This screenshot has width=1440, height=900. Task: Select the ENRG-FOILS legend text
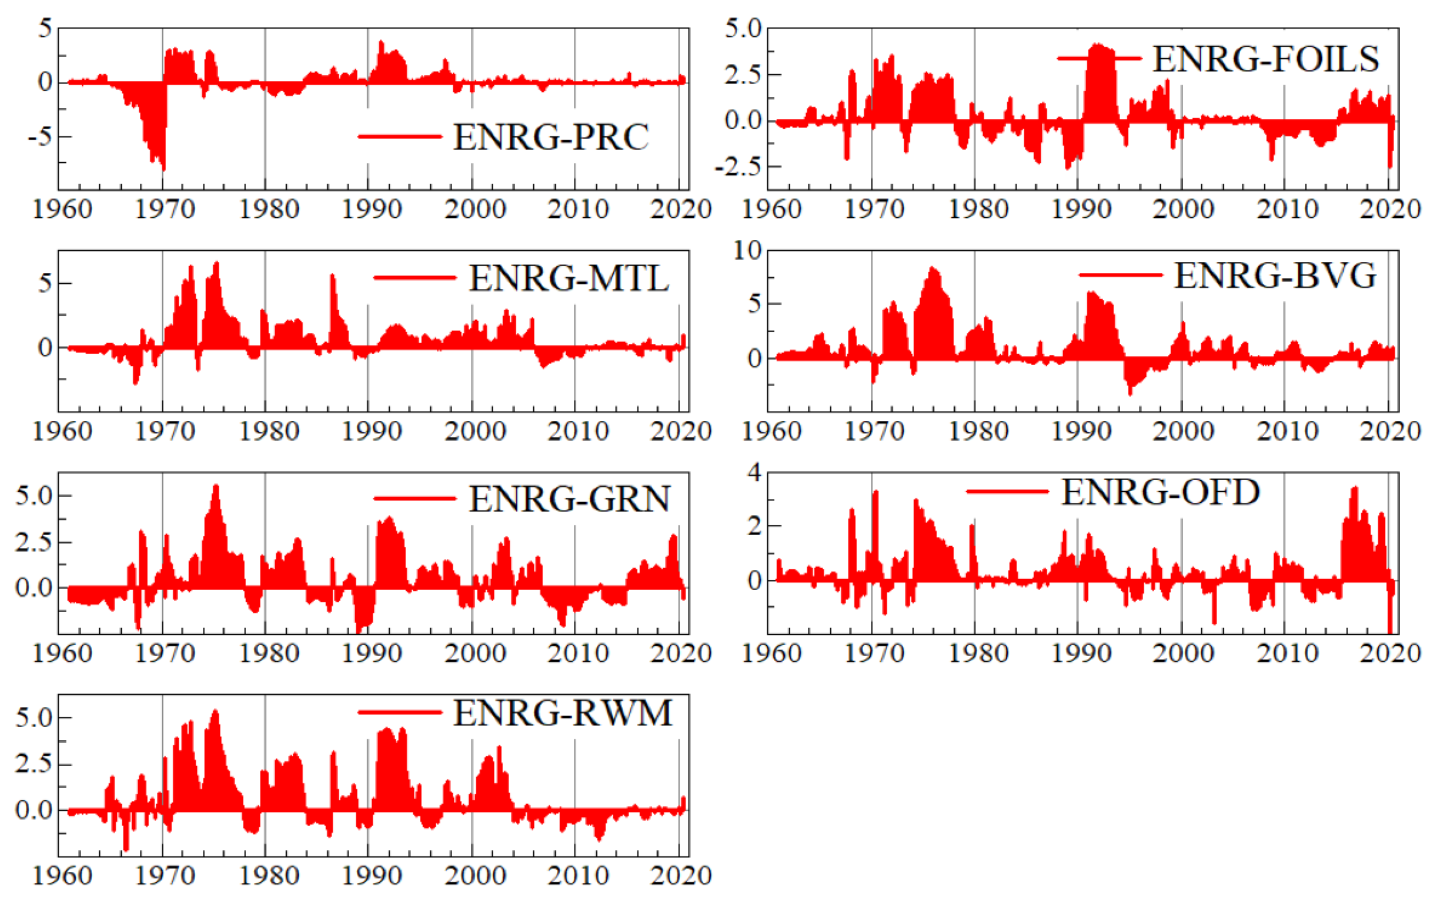tap(1265, 59)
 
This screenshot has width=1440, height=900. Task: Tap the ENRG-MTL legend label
tap(569, 278)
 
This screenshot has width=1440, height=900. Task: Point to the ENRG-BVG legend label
tap(1274, 276)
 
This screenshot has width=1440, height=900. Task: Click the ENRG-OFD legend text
tap(1160, 492)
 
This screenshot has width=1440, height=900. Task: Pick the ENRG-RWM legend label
tap(563, 713)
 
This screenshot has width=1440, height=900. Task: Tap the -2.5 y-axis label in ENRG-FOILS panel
tap(737, 167)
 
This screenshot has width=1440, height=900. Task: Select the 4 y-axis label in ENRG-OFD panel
tap(754, 473)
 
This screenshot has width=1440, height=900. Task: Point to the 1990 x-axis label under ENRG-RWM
tap(372, 876)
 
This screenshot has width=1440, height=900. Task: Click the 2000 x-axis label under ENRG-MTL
tap(475, 431)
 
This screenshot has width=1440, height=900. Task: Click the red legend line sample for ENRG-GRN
tap(415, 499)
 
